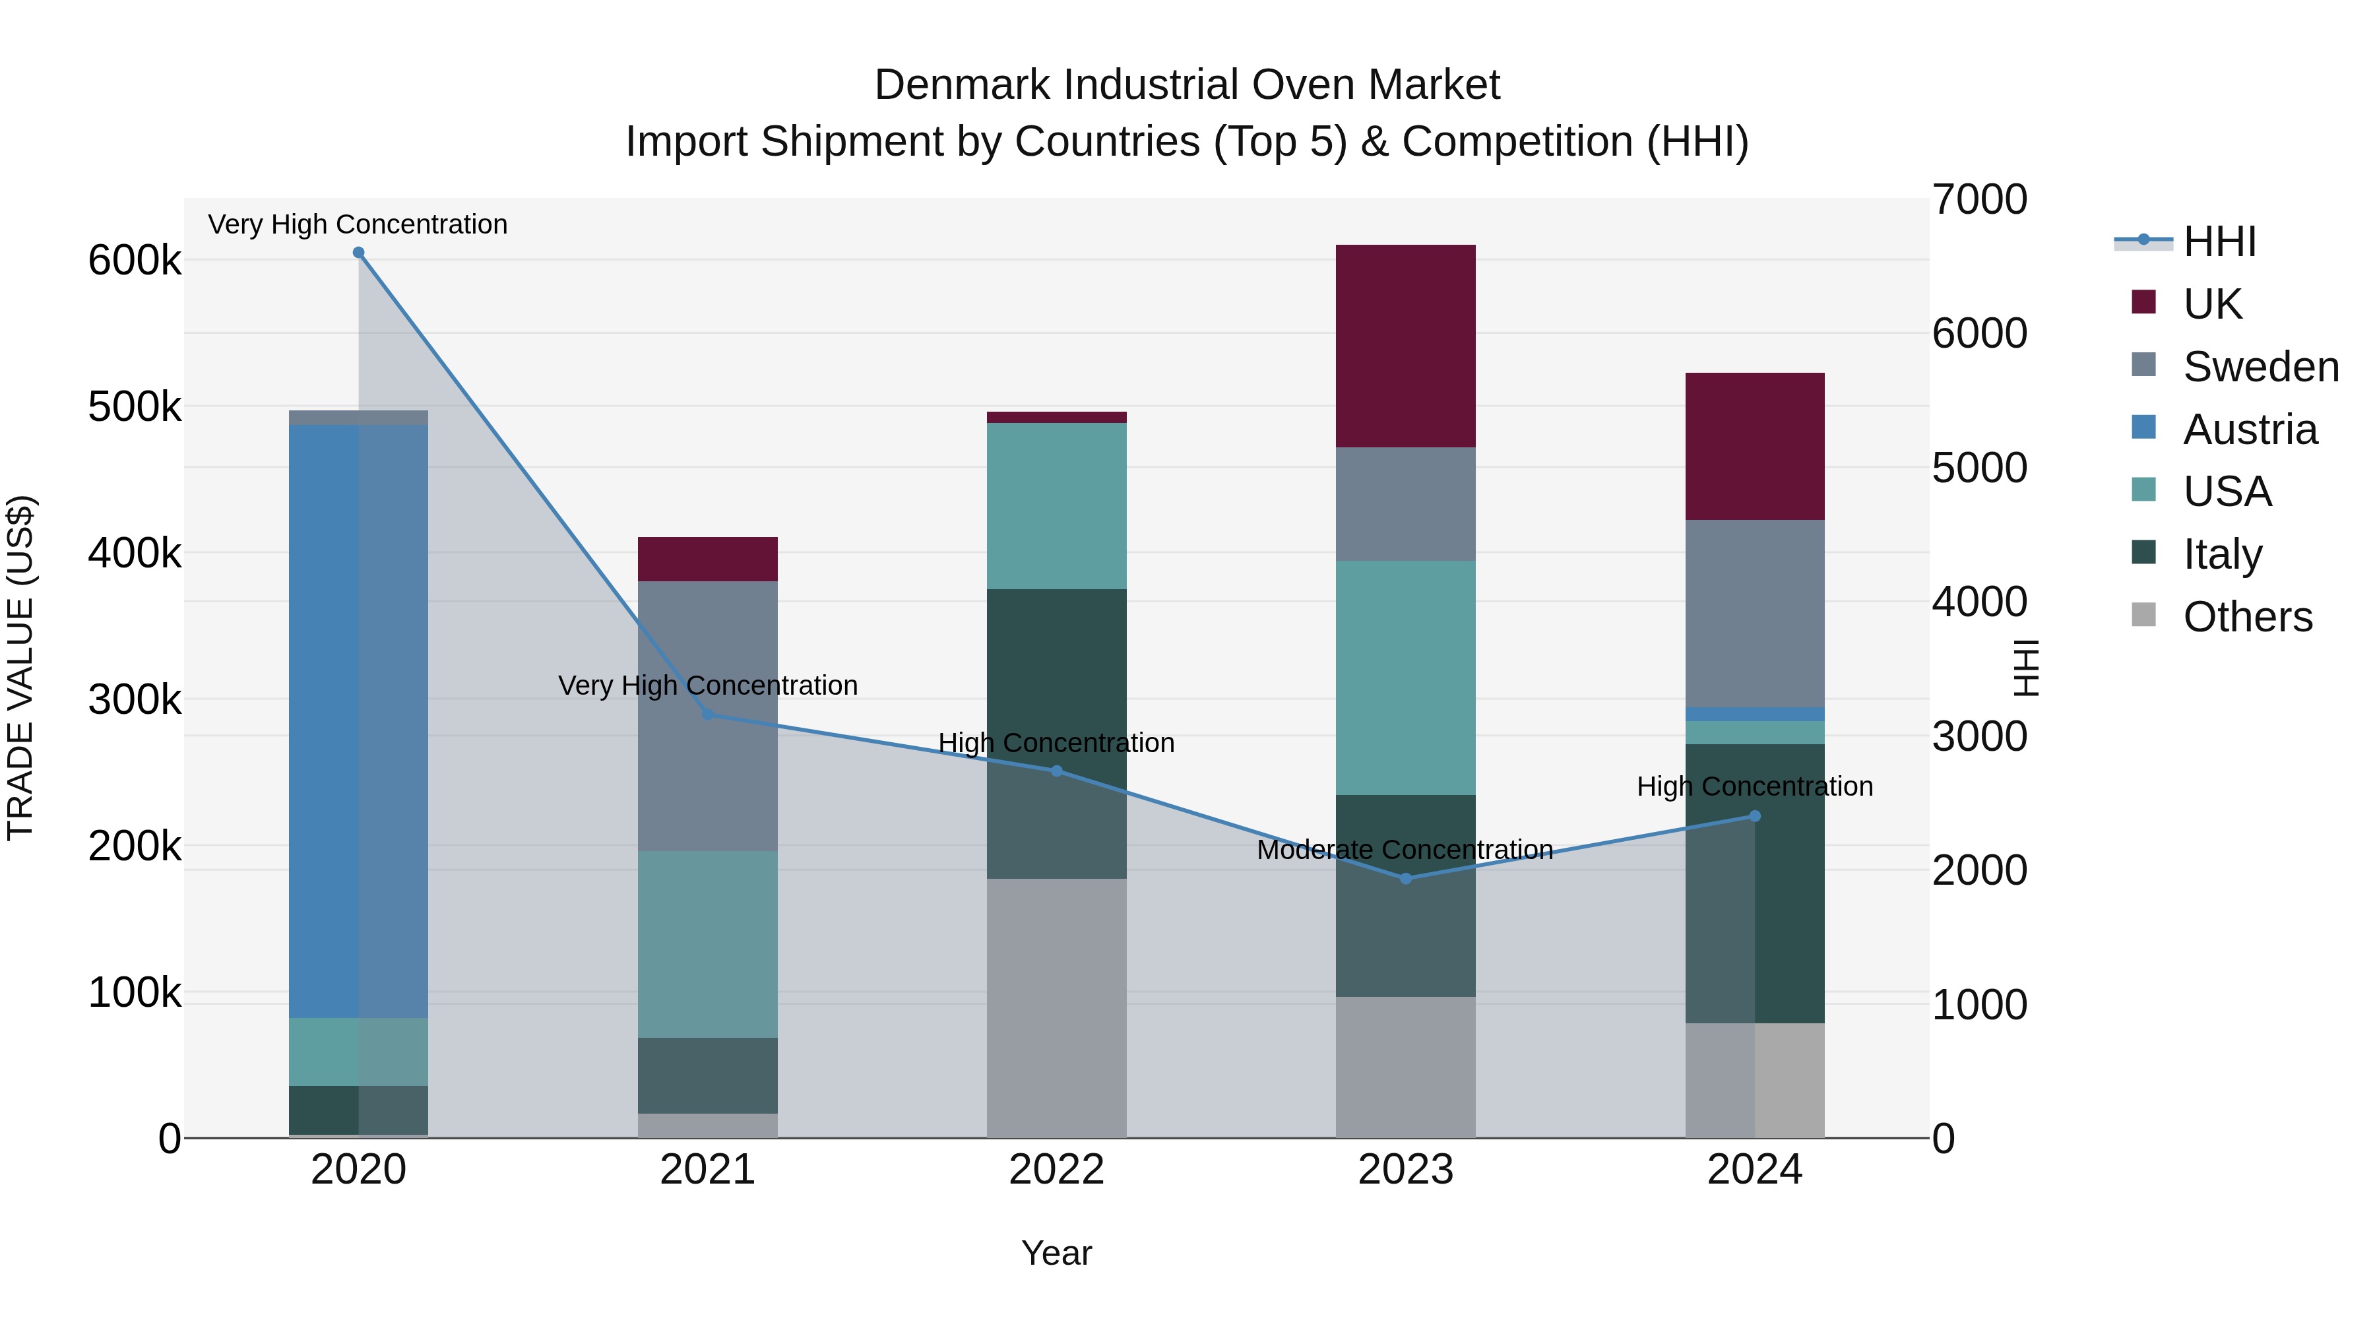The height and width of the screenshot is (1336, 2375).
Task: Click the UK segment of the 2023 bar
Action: (1405, 346)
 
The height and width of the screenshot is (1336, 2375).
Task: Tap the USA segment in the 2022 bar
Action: (1057, 505)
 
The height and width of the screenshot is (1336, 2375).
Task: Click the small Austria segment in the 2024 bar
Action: (1754, 715)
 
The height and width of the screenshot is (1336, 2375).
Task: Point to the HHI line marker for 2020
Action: (359, 253)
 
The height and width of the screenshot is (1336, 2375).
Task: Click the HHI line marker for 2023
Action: (1406, 879)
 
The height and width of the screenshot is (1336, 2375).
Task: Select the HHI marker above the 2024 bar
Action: (1754, 816)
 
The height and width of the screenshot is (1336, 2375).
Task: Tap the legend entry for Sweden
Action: (2260, 367)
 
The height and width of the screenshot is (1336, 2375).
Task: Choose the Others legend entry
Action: (2247, 617)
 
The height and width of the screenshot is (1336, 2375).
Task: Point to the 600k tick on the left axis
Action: (135, 261)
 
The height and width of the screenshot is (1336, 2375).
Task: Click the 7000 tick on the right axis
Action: (1979, 200)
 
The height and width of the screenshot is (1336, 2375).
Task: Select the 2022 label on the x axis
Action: (1057, 1170)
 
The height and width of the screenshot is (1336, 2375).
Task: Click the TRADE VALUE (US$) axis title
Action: (20, 668)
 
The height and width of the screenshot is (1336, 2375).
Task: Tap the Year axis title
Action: (1057, 1253)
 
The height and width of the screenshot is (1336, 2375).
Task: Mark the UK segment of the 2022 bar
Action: (1057, 418)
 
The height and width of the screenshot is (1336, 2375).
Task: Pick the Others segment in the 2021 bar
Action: (707, 1125)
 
